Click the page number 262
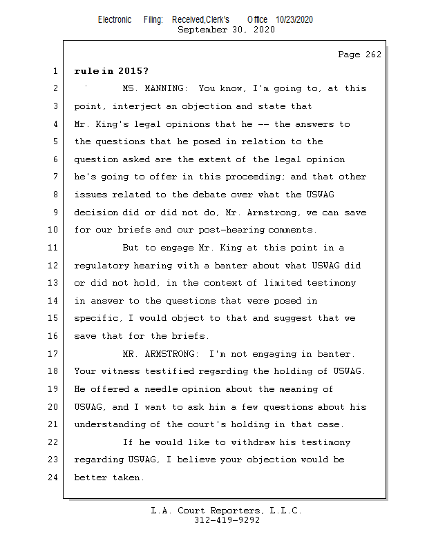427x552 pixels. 373,55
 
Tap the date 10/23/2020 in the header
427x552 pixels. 294,20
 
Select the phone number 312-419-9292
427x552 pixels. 227,520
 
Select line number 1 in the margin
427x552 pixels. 55,70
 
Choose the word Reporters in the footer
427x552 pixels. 233,511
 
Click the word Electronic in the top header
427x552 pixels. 115,20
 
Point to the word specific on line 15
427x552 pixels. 99,318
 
